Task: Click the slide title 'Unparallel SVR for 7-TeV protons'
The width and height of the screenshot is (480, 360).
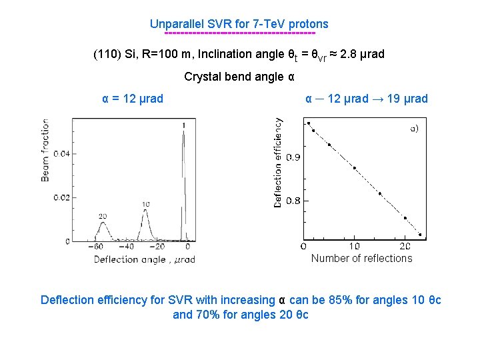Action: [x=239, y=24]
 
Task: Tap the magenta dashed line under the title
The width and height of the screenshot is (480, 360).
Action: [x=239, y=33]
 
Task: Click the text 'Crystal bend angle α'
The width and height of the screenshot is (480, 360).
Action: [x=239, y=77]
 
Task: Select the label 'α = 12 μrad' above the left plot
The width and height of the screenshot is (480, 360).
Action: [x=133, y=99]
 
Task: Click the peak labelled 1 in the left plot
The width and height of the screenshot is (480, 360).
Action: [x=183, y=133]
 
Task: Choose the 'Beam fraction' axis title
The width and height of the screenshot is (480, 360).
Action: [x=45, y=150]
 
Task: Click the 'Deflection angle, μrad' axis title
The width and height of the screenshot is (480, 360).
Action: [x=144, y=260]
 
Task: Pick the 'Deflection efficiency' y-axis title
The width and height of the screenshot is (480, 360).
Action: [x=278, y=163]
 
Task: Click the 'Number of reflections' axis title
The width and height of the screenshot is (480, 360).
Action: [x=361, y=259]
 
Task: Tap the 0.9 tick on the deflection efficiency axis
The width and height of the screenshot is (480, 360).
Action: [x=293, y=158]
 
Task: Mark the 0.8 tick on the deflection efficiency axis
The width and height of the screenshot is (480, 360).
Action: [x=293, y=201]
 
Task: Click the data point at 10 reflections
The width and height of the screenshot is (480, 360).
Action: [x=355, y=168]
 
